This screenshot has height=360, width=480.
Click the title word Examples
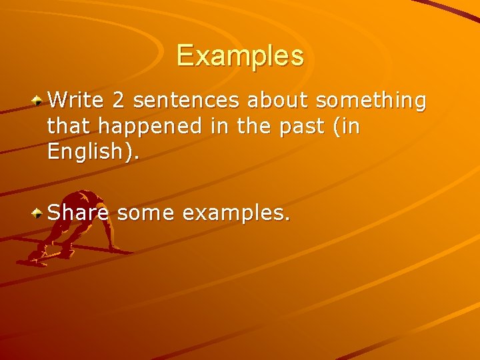(x=240, y=55)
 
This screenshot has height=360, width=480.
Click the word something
(x=371, y=101)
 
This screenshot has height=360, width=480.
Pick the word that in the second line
(x=68, y=126)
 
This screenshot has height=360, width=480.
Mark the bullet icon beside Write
(x=39, y=101)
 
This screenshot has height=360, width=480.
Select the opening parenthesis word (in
(x=345, y=127)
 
